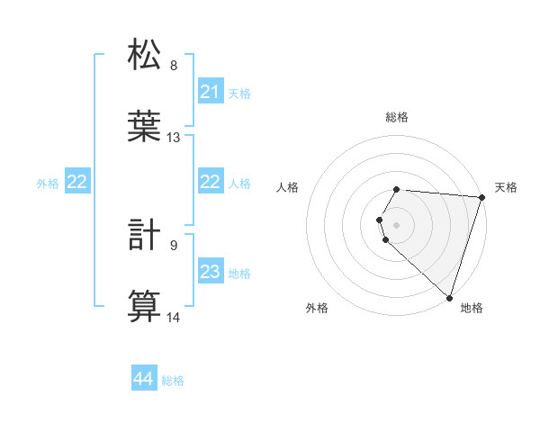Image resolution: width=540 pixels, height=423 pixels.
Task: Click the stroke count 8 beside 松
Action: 174,66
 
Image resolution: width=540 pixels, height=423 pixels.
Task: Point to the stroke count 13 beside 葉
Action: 174,138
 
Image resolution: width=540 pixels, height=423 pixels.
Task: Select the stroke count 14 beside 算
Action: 174,318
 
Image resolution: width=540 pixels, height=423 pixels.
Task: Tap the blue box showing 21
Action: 211,92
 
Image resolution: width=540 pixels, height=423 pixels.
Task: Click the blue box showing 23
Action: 211,272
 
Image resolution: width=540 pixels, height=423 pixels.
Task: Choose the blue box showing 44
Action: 144,380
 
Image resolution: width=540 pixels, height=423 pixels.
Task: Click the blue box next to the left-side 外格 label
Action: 77,182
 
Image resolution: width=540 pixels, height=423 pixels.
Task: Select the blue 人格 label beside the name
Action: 239,183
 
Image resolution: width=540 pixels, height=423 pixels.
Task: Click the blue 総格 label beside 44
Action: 173,381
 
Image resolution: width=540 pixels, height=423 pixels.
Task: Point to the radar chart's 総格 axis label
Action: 397,117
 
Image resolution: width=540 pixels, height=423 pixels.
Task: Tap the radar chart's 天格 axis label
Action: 507,187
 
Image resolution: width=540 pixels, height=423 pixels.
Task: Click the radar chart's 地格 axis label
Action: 472,309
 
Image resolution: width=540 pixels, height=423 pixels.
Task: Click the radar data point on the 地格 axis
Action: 449,297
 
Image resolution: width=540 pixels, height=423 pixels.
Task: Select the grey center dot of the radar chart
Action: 397,224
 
